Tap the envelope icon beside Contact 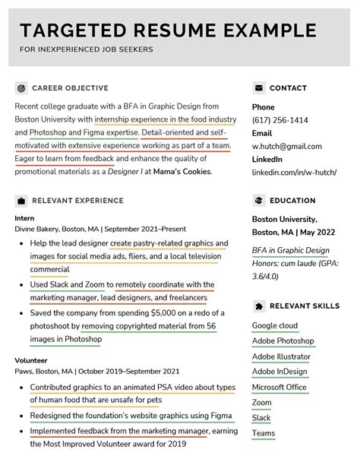259,88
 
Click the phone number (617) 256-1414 279,120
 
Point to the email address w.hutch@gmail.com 286,146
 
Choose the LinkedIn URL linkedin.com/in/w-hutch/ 296,172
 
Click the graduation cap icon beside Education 259,201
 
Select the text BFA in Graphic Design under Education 290,250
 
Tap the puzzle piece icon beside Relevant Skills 259,306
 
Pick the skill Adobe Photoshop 283,341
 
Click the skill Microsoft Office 279,387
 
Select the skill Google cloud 275,325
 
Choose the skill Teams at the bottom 264,433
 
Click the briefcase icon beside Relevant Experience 21,201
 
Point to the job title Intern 24,217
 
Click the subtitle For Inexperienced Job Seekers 86,50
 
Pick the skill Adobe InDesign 279,372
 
